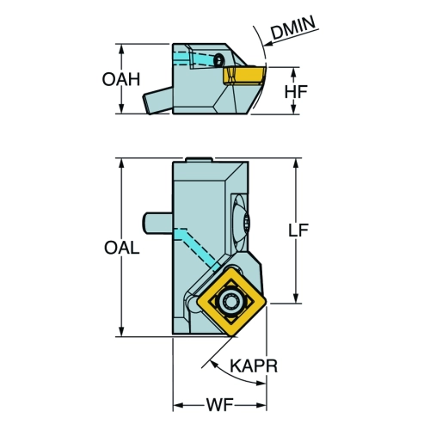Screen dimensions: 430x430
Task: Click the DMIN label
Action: (293, 28)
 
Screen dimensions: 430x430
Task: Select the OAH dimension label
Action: (121, 79)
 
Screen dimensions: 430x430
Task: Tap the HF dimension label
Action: (296, 91)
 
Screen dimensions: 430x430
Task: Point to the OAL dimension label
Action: (121, 248)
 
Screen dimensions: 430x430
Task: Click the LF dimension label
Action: (298, 230)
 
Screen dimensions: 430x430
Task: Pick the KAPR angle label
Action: (254, 366)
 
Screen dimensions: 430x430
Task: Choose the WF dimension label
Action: (219, 405)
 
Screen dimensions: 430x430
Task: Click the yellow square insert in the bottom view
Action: (231, 301)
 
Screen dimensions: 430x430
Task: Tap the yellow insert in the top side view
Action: (244, 75)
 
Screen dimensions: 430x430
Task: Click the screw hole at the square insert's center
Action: (231, 302)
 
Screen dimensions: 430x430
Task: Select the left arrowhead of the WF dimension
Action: (178, 405)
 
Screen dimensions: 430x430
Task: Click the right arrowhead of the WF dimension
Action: (261, 405)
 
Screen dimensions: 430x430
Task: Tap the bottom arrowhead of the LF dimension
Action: (297, 298)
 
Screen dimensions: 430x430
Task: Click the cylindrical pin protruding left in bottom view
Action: (157, 223)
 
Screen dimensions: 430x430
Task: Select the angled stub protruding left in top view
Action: (157, 101)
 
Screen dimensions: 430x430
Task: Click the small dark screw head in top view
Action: (219, 59)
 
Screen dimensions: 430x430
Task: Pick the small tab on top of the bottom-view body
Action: (199, 159)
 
